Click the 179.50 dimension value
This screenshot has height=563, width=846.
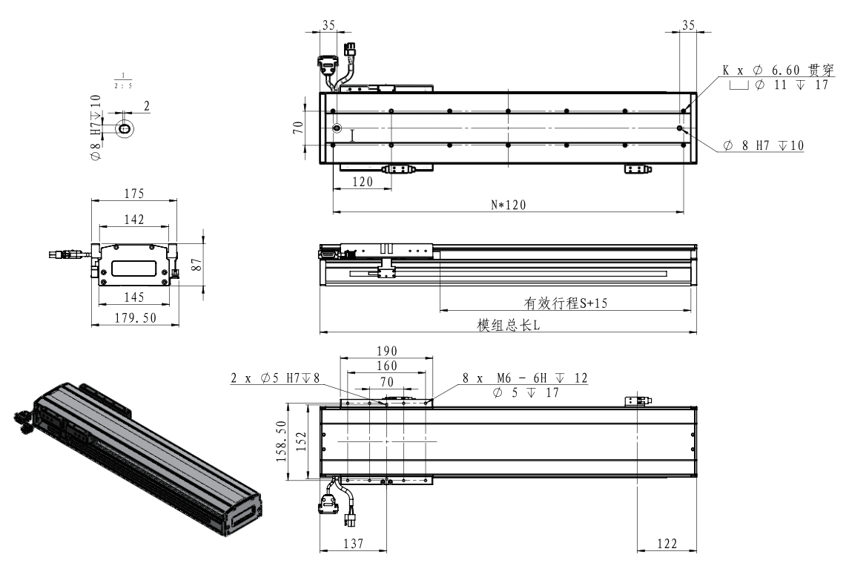[x=135, y=318]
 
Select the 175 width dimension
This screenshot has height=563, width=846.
[x=133, y=194]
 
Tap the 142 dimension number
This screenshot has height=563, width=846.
[x=133, y=220]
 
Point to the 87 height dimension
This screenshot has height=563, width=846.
[x=197, y=264]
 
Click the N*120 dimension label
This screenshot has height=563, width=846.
[x=508, y=205]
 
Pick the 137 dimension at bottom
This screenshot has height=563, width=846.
[x=354, y=544]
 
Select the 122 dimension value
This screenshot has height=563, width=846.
[x=667, y=544]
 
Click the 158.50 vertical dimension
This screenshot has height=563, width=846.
[x=281, y=441]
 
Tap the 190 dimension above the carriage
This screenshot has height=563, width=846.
[x=387, y=352]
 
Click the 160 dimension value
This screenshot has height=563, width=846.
[x=387, y=366]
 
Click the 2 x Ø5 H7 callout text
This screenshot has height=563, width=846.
[x=275, y=378]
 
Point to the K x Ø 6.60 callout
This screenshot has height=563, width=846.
[x=778, y=70]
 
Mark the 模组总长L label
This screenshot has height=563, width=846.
[x=508, y=326]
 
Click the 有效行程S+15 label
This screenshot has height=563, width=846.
[x=566, y=303]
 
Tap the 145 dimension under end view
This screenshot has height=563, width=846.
[x=133, y=297]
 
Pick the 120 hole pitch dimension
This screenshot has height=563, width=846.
[x=362, y=182]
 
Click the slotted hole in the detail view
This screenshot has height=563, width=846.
[x=125, y=130]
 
